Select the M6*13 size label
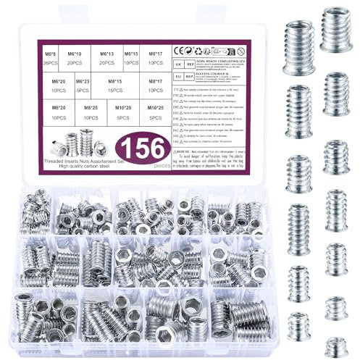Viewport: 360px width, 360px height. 107,54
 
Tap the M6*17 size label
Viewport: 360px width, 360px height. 154,54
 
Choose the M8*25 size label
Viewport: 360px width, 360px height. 91,107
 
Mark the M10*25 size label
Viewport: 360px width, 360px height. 154,107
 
